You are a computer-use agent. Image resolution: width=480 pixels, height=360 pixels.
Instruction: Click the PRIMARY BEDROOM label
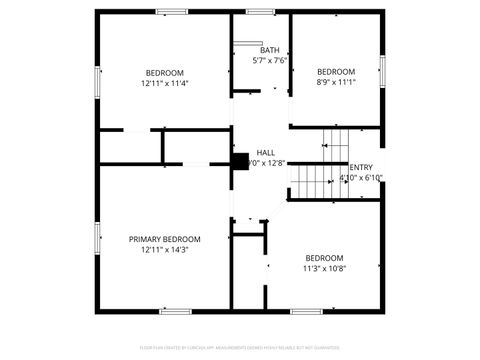point(165,239)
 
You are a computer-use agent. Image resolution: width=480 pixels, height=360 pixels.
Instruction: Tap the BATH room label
point(270,50)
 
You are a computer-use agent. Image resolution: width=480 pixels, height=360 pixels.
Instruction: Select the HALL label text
point(266,153)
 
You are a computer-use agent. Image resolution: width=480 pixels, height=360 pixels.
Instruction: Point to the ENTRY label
point(361,167)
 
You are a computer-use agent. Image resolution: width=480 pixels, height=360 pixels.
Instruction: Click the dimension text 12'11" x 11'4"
point(165,83)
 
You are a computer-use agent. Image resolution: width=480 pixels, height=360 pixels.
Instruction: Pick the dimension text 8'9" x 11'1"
point(336,83)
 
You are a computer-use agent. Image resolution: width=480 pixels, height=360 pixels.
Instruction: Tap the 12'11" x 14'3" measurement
point(165,250)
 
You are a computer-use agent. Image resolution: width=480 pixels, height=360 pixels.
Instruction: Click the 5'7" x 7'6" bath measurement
point(270,60)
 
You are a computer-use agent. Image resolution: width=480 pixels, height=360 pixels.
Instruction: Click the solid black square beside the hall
point(240,160)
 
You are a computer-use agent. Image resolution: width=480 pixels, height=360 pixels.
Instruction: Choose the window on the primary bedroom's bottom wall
point(176,311)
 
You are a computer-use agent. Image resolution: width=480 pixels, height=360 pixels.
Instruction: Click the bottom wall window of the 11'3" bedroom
point(305,311)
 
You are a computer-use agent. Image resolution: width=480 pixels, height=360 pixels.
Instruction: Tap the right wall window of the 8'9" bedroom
point(382,70)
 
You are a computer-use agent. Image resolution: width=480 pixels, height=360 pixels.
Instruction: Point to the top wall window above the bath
point(262,12)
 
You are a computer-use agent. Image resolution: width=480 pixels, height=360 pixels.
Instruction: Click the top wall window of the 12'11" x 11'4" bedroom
point(172,12)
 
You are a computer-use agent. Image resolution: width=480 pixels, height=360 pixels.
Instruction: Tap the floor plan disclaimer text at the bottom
point(240,348)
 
